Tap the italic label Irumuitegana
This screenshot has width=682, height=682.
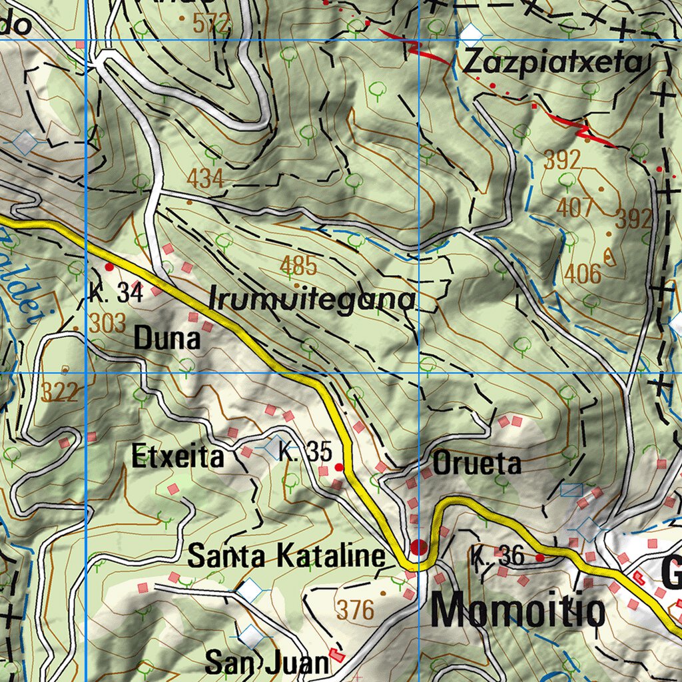pyautogui.click(x=312, y=300)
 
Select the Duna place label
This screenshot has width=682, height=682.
pyautogui.click(x=167, y=340)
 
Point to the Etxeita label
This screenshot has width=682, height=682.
pyautogui.click(x=178, y=458)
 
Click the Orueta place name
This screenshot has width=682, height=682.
pyautogui.click(x=477, y=464)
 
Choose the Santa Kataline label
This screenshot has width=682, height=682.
pyautogui.click(x=286, y=556)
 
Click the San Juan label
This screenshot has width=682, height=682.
pyautogui.click(x=266, y=663)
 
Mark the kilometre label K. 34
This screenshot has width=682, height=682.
pyautogui.click(x=116, y=293)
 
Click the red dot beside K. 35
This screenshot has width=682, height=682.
pyautogui.click(x=339, y=468)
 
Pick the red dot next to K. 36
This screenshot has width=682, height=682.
pyautogui.click(x=540, y=557)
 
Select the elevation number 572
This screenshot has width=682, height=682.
pyautogui.click(x=211, y=24)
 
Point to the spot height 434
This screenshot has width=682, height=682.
pyautogui.click(x=205, y=178)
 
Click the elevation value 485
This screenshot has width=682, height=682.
pyautogui.click(x=298, y=266)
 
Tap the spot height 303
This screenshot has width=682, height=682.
pyautogui.click(x=107, y=323)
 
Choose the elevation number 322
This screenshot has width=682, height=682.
pyautogui.click(x=59, y=392)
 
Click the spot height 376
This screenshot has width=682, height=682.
pyautogui.click(x=355, y=609)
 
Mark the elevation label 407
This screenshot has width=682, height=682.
pyautogui.click(x=575, y=208)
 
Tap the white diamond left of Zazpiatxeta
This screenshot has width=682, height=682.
pyautogui.click(x=472, y=33)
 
